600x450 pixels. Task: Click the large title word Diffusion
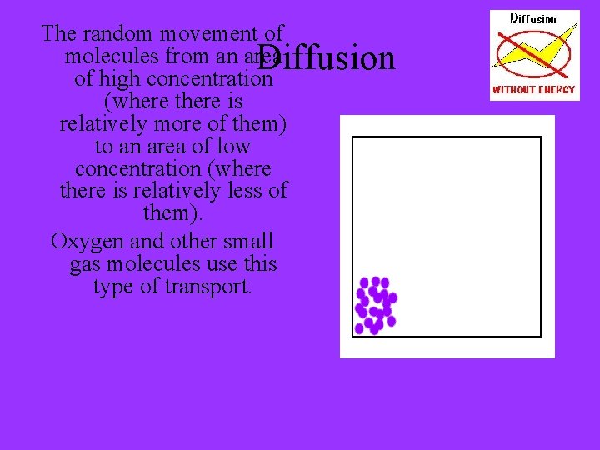coord(327,58)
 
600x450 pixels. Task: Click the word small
coord(248,242)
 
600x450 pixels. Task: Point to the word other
coord(194,242)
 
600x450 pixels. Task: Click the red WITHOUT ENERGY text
coord(534,89)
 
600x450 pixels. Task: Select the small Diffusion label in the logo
coord(533,18)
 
